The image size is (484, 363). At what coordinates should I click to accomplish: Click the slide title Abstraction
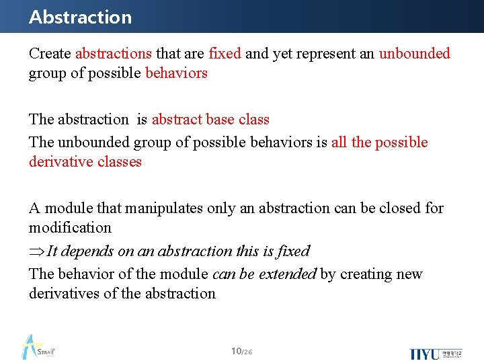click(x=80, y=17)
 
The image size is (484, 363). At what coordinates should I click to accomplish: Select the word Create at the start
click(x=50, y=54)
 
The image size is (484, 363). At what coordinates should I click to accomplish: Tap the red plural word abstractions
click(x=114, y=54)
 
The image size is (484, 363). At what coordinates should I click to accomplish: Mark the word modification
click(x=70, y=228)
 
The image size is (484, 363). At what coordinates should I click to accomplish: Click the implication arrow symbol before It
click(x=36, y=251)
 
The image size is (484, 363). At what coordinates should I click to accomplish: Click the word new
click(x=409, y=274)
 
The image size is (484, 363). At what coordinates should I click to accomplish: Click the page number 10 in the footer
click(x=235, y=351)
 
